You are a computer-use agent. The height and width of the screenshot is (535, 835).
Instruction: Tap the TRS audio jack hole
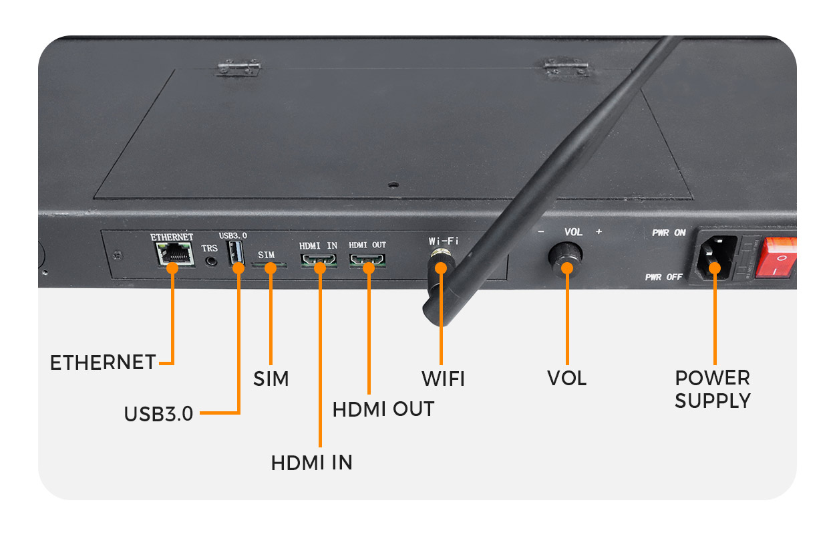[213, 261]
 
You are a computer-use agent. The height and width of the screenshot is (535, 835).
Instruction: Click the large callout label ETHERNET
[103, 362]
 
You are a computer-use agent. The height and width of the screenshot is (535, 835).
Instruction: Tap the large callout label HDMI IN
[311, 462]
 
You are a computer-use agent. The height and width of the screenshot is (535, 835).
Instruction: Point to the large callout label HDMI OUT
[383, 409]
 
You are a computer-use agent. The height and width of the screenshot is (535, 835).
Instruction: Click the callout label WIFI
[442, 379]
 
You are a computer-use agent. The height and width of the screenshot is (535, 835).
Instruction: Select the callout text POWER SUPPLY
[713, 389]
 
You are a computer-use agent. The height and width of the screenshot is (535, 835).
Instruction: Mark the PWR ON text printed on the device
[669, 233]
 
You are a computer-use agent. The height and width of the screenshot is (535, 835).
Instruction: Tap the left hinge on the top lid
[237, 68]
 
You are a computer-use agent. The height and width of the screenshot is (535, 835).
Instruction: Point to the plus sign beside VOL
[599, 232]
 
